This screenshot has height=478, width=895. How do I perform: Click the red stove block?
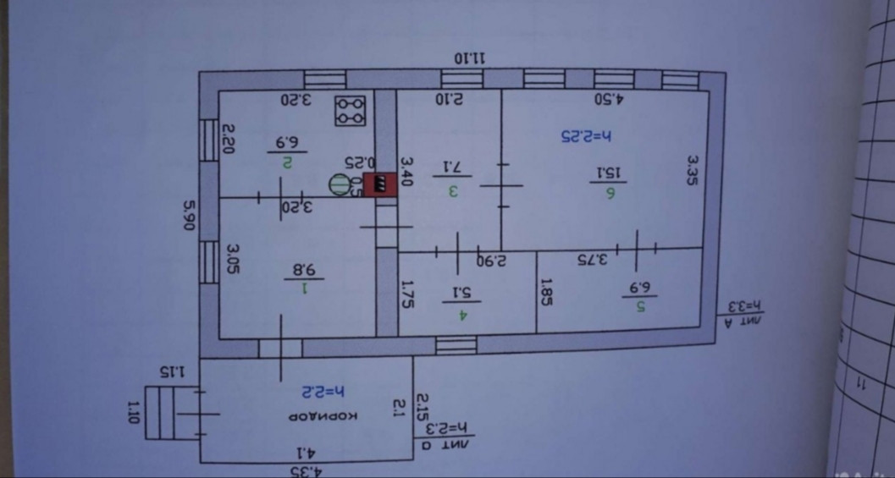tap(380, 184)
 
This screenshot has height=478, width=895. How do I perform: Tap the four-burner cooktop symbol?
tap(350, 111)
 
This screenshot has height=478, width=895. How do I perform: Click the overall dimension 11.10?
tap(471, 58)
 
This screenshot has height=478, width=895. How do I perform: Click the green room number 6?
tap(609, 194)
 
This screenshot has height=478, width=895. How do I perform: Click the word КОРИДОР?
tap(324, 416)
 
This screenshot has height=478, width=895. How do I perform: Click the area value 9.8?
tap(302, 270)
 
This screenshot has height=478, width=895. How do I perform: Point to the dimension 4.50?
tap(609, 99)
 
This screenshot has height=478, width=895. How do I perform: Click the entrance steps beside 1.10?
tap(160, 412)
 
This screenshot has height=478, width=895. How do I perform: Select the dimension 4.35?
tap(309, 470)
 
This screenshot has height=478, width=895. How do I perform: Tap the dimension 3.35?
tap(693, 169)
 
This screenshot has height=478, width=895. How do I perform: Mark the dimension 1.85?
tap(546, 293)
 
